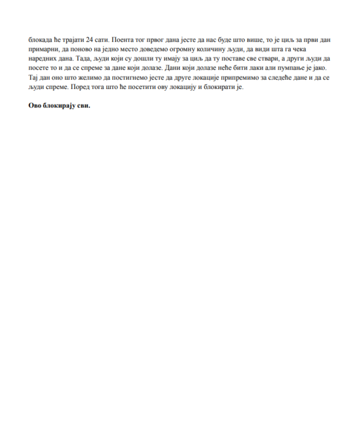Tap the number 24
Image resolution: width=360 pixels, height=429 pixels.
click(89, 39)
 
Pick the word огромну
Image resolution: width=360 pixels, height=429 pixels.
click(185, 49)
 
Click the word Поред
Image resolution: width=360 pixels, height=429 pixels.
click(81, 87)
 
